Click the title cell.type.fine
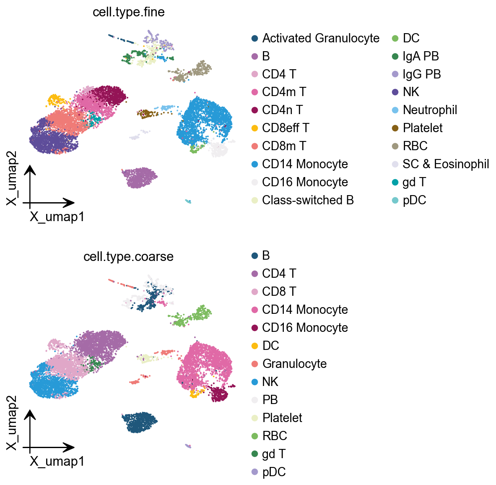[x=128, y=12]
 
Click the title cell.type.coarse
[x=128, y=256]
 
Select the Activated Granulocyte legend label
[x=321, y=38]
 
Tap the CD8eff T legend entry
[x=285, y=128]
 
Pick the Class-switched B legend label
[x=308, y=200]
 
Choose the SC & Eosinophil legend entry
[x=446, y=164]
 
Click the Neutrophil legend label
[x=430, y=110]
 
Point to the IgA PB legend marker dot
[x=395, y=56]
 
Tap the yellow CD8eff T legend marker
[x=254, y=128]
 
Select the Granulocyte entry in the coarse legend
[x=294, y=364]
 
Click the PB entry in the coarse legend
[x=270, y=400]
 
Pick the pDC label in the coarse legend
[x=274, y=472]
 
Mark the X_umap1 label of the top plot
[x=57, y=216]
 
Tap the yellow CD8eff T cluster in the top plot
[x=56, y=100]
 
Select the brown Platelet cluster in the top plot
[x=145, y=113]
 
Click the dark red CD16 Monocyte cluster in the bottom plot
[x=219, y=394]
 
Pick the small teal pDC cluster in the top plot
[x=188, y=201]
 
